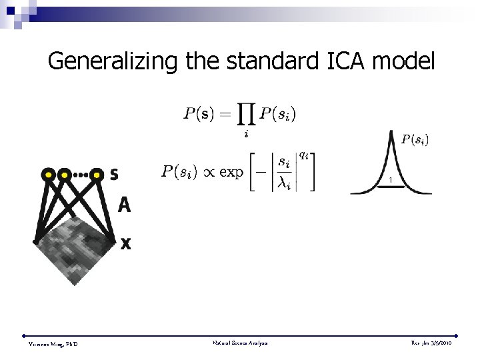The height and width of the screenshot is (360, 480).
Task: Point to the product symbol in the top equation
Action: pos(246,115)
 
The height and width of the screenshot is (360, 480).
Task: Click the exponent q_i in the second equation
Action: pos(303,155)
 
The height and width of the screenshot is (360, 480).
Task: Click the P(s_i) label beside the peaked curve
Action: pos(415,139)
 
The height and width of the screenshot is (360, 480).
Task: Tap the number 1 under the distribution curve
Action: pos(391,181)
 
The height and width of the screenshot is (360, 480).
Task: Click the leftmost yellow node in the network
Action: pos(49,175)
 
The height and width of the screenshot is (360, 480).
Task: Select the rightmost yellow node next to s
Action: pos(97,175)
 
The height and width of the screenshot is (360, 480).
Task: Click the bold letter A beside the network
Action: pos(124,205)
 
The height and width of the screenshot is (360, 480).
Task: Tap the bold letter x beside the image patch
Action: pos(125,244)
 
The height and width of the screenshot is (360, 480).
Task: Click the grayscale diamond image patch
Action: pos(75,247)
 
